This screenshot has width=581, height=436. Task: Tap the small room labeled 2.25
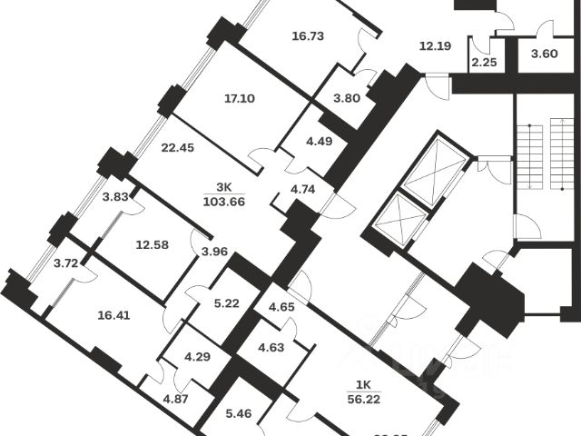(x=481, y=63)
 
